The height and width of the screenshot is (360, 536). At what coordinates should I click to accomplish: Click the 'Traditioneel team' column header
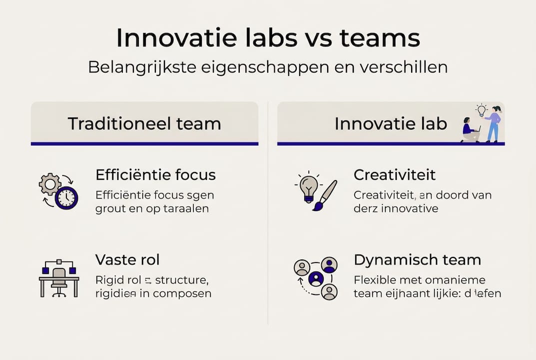pyautogui.click(x=144, y=123)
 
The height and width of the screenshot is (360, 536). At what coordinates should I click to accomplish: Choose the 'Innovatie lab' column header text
pyautogui.click(x=391, y=123)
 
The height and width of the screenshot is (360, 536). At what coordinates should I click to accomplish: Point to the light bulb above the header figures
pyautogui.click(x=481, y=110)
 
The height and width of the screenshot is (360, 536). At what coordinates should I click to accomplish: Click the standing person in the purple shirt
pyautogui.click(x=494, y=124)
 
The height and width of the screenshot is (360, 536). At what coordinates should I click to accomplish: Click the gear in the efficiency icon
pyautogui.click(x=50, y=184)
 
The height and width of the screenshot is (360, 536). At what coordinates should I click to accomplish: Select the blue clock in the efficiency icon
pyautogui.click(x=66, y=197)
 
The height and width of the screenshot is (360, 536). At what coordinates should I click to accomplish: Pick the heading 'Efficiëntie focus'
pyautogui.click(x=155, y=175)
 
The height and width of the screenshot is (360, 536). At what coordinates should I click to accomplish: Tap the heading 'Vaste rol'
pyautogui.click(x=127, y=260)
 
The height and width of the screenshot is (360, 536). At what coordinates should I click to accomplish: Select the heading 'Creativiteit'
pyautogui.click(x=395, y=175)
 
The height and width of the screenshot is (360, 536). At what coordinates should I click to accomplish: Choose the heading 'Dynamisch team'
pyautogui.click(x=417, y=260)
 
